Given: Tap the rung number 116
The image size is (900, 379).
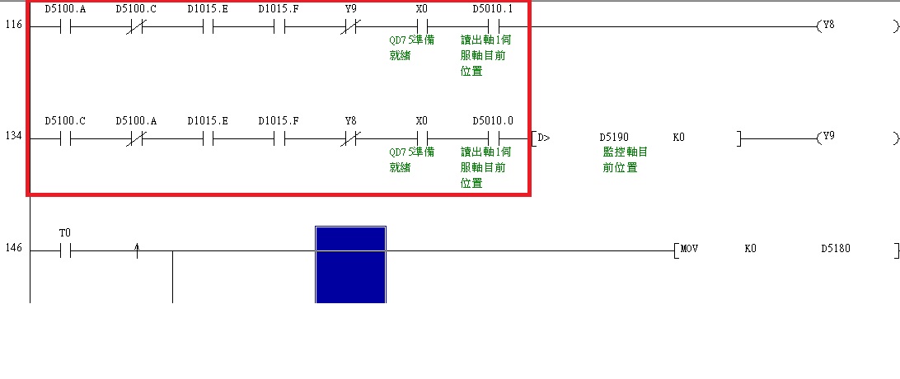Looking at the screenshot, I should [x=14, y=26].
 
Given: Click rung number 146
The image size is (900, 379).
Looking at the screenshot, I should [x=14, y=248].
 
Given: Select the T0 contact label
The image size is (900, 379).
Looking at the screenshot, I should [x=65, y=233].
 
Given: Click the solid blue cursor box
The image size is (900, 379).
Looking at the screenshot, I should [x=350, y=264].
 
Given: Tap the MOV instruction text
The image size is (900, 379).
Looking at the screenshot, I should [x=689, y=248].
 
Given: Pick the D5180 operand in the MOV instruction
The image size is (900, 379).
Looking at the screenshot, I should [x=836, y=248].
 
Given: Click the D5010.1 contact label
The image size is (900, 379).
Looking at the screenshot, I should [x=493, y=9].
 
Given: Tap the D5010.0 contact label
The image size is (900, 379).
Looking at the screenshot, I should [x=493, y=120].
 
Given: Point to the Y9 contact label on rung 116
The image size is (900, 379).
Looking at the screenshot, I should [x=350, y=9].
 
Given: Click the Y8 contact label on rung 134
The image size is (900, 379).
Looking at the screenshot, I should [x=350, y=120].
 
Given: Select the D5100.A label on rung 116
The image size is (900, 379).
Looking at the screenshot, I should [x=65, y=9].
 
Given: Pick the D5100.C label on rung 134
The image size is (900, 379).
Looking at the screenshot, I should [x=65, y=120].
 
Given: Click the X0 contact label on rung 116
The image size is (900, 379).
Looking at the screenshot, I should [x=422, y=9].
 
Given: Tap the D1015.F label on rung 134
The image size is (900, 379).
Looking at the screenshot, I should [x=279, y=120].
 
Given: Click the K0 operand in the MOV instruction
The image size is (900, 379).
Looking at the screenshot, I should [x=750, y=248].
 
